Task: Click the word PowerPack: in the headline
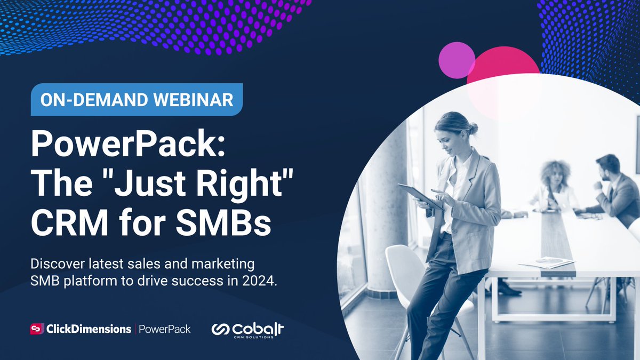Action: tap(128, 145)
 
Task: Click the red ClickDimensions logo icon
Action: tap(37, 329)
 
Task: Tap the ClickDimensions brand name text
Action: tap(89, 329)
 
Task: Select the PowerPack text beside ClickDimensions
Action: tap(164, 329)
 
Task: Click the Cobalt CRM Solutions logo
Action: tap(247, 330)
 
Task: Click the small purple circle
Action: tap(457, 60)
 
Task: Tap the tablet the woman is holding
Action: tap(419, 196)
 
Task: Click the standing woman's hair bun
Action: tap(473, 128)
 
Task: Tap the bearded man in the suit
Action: tap(613, 187)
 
